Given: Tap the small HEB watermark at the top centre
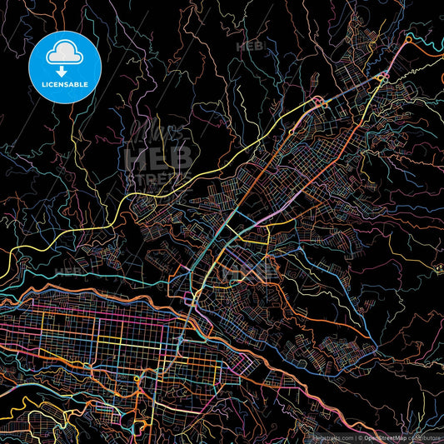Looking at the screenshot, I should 250,47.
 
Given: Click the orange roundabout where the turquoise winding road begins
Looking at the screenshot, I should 410,38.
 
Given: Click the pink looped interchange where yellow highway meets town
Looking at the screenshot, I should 319,102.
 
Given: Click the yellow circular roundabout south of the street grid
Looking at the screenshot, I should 137,379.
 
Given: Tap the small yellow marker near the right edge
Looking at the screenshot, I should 437,267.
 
